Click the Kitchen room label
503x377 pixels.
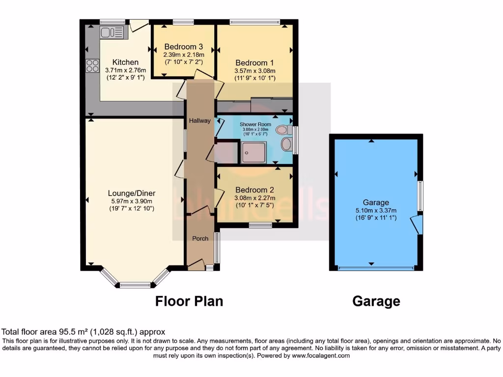click(125, 62)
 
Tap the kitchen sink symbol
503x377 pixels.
click(113, 33)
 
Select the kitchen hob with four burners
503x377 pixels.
click(92, 65)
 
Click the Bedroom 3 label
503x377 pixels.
click(183, 47)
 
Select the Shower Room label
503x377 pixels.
click(255, 124)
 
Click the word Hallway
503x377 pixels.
click(200, 120)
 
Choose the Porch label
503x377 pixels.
click(200, 239)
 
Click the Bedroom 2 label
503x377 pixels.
click(254, 190)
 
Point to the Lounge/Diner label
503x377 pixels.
click(132, 193)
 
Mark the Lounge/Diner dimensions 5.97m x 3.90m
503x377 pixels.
click(132, 201)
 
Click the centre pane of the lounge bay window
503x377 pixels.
click(135, 285)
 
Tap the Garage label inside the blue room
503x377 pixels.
click(376, 202)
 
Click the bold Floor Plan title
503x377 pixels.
click(189, 301)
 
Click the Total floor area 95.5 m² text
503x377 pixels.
click(84, 332)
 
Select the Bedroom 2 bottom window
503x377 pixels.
click(260, 225)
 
